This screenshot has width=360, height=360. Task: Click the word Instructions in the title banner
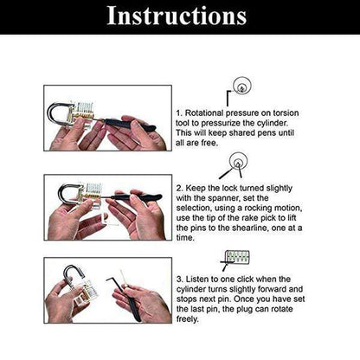point(180,16)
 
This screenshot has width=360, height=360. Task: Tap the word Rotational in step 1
point(206,112)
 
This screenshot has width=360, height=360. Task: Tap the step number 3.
point(179,280)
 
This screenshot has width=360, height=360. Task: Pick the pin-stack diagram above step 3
point(235,256)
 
